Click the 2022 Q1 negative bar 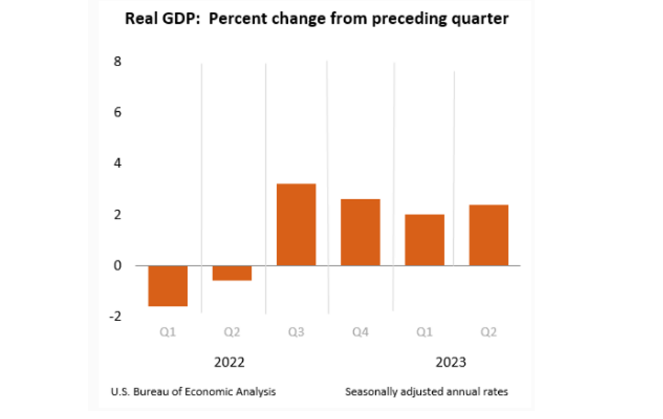pos(168,285)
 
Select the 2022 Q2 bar pos(232,273)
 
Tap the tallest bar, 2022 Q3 pos(296,224)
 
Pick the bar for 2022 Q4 pos(360,232)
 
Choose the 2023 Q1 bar pos(424,240)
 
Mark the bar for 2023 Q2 pos(488,235)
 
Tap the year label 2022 pos(230,363)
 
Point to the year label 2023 pos(451,363)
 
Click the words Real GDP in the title pos(155,19)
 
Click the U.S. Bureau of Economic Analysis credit pos(193,391)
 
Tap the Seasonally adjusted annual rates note pos(427,391)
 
